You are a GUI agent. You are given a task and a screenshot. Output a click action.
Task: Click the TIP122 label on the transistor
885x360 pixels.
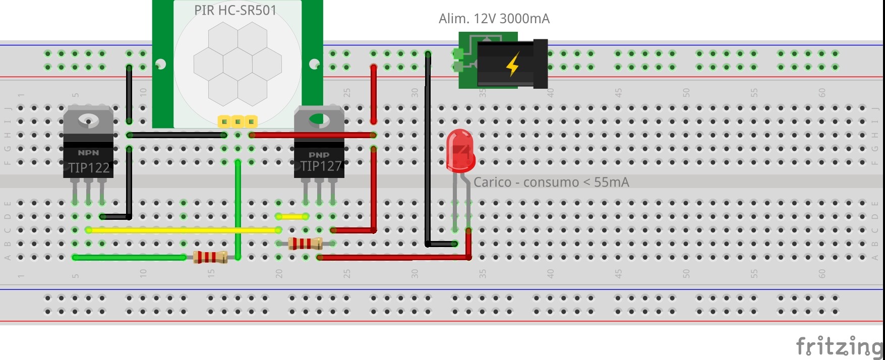[89, 168]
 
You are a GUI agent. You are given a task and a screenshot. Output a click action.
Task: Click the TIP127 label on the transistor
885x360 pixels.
[321, 166]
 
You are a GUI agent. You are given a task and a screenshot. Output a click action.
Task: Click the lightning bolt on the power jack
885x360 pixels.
[512, 64]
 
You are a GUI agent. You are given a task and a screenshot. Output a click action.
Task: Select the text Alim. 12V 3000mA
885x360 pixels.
[494, 19]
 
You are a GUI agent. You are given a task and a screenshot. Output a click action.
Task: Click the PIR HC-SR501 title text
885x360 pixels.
[235, 10]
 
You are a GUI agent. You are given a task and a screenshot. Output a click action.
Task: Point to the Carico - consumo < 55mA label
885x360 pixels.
[551, 182]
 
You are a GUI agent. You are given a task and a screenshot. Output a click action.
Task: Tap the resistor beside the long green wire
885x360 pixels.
[210, 257]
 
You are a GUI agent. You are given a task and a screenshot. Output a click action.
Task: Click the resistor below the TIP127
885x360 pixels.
[305, 244]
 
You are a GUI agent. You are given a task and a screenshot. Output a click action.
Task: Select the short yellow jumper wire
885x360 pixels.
[292, 217]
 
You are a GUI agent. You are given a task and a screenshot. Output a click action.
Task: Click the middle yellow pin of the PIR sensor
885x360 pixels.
[238, 122]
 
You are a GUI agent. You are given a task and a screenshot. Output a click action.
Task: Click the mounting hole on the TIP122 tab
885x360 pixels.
[88, 120]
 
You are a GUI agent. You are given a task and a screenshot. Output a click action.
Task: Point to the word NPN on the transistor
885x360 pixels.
[88, 152]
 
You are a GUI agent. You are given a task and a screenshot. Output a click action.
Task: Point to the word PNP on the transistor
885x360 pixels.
[319, 155]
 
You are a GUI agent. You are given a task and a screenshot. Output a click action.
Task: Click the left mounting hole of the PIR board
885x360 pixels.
[160, 64]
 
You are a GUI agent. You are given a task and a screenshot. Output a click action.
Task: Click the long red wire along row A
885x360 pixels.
[393, 257]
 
